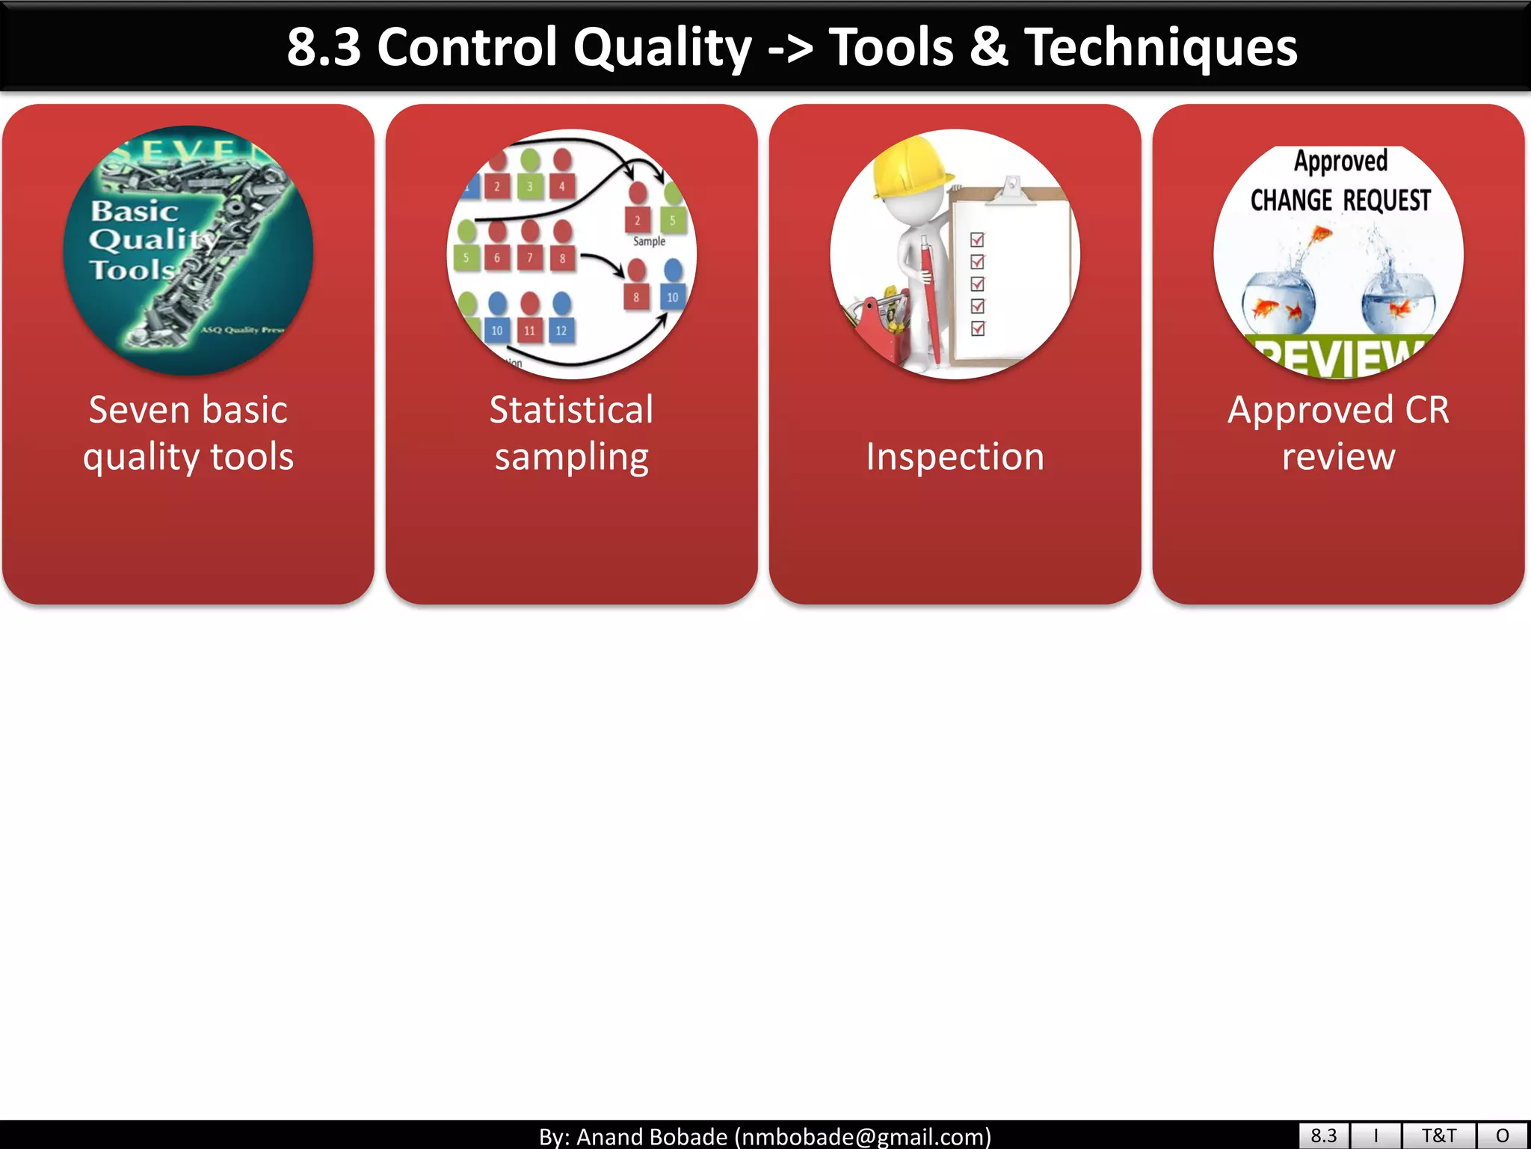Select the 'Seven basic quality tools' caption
pos(188,433)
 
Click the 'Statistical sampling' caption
pos(572,433)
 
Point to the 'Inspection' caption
pos(955,456)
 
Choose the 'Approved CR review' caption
pos(1338,433)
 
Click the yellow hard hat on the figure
pos(910,168)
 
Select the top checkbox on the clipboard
pos(977,240)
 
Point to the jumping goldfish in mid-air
pos(1320,236)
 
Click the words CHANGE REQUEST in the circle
pos(1340,200)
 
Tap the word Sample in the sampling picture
pos(649,242)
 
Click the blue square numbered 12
pos(561,331)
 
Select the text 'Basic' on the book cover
pos(135,212)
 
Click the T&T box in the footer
pos(1438,1136)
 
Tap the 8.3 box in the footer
pos(1323,1136)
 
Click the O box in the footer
pos(1502,1136)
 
